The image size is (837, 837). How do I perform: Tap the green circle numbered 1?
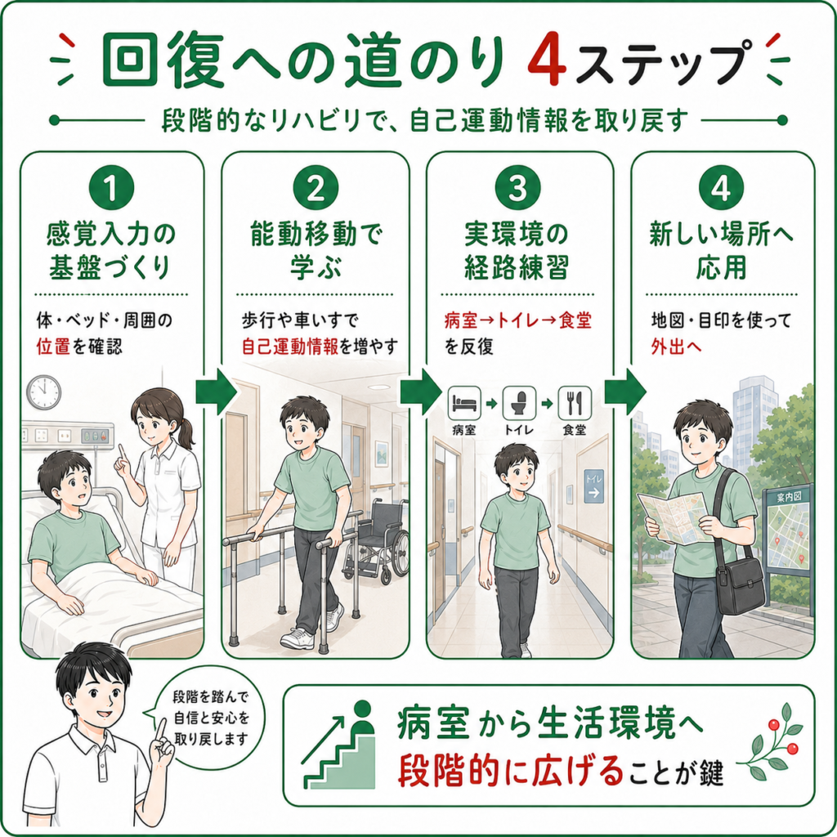click(x=111, y=187)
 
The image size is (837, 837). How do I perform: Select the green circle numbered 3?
click(x=517, y=187)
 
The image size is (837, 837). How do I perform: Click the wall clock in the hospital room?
click(x=44, y=392)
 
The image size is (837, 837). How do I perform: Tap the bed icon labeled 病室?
click(x=464, y=403)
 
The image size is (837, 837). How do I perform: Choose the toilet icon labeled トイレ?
click(x=519, y=403)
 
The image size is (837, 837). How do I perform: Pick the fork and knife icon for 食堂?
click(x=575, y=403)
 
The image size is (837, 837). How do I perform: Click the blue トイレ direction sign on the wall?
click(x=593, y=486)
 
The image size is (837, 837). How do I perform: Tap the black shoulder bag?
click(x=739, y=585)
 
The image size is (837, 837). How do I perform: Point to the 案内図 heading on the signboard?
click(x=788, y=498)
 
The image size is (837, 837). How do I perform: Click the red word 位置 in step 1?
click(x=53, y=347)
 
